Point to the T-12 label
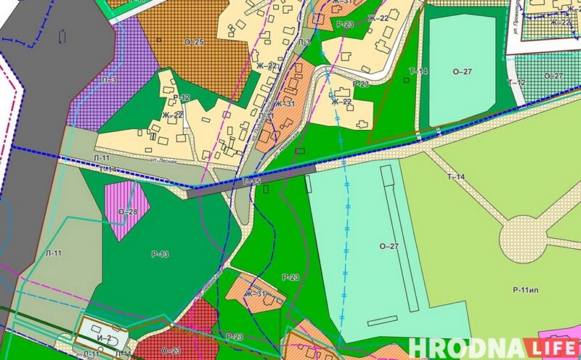click(516, 83)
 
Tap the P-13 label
click(160, 254)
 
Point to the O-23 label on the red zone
click(171, 350)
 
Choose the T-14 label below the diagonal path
click(455, 177)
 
